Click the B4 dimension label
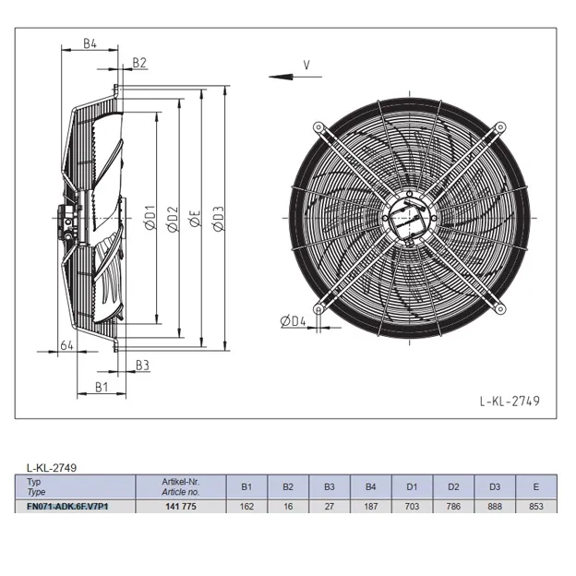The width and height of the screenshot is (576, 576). tap(90, 43)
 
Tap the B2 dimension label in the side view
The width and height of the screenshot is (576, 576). tap(139, 63)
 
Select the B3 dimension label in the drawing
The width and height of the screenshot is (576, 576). tap(142, 366)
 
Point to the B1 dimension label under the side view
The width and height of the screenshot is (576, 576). tap(102, 387)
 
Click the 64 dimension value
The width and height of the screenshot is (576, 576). tap(66, 345)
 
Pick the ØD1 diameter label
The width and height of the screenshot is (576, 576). tap(150, 217)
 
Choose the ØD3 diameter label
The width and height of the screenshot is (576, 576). tap(218, 219)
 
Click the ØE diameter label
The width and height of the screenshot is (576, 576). tap(195, 218)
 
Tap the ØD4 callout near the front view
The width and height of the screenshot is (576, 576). tap(294, 321)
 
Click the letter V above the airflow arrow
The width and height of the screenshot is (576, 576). tap(306, 65)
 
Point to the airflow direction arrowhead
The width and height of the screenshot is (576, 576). tap(281, 77)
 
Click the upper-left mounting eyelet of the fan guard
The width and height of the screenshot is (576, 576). tap(318, 127)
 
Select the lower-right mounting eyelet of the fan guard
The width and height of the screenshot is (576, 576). tap(500, 309)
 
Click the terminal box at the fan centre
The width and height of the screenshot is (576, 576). tap(409, 221)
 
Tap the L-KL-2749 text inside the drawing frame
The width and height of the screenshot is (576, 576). tap(510, 401)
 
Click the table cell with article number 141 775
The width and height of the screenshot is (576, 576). tap(181, 507)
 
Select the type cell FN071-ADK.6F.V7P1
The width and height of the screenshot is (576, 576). tap(67, 507)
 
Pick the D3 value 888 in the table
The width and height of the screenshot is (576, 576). tap(495, 507)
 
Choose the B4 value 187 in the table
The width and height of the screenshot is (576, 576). tap(371, 507)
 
